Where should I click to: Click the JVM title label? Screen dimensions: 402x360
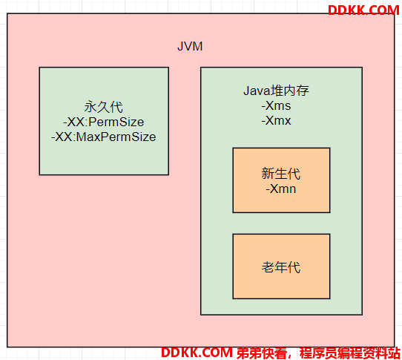(190, 47)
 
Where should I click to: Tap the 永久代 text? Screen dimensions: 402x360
(104, 107)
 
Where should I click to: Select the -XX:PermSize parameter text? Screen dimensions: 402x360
(104, 122)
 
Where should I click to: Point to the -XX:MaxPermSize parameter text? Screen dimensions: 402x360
(104, 137)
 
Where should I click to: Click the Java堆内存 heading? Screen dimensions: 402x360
(276, 91)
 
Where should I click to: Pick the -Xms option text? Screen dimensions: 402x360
(276, 105)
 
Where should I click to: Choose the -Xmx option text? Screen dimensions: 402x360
(276, 120)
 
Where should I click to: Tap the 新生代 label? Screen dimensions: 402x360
(281, 174)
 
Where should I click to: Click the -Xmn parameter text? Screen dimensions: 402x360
(281, 189)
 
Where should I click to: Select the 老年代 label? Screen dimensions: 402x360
(281, 267)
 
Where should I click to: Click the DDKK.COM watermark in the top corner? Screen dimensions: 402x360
(363, 10)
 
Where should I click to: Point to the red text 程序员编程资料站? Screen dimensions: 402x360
(349, 353)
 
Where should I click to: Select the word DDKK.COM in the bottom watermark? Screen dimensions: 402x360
(197, 353)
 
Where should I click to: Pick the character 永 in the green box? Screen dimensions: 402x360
(90, 107)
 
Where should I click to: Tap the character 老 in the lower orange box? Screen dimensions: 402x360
(268, 267)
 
